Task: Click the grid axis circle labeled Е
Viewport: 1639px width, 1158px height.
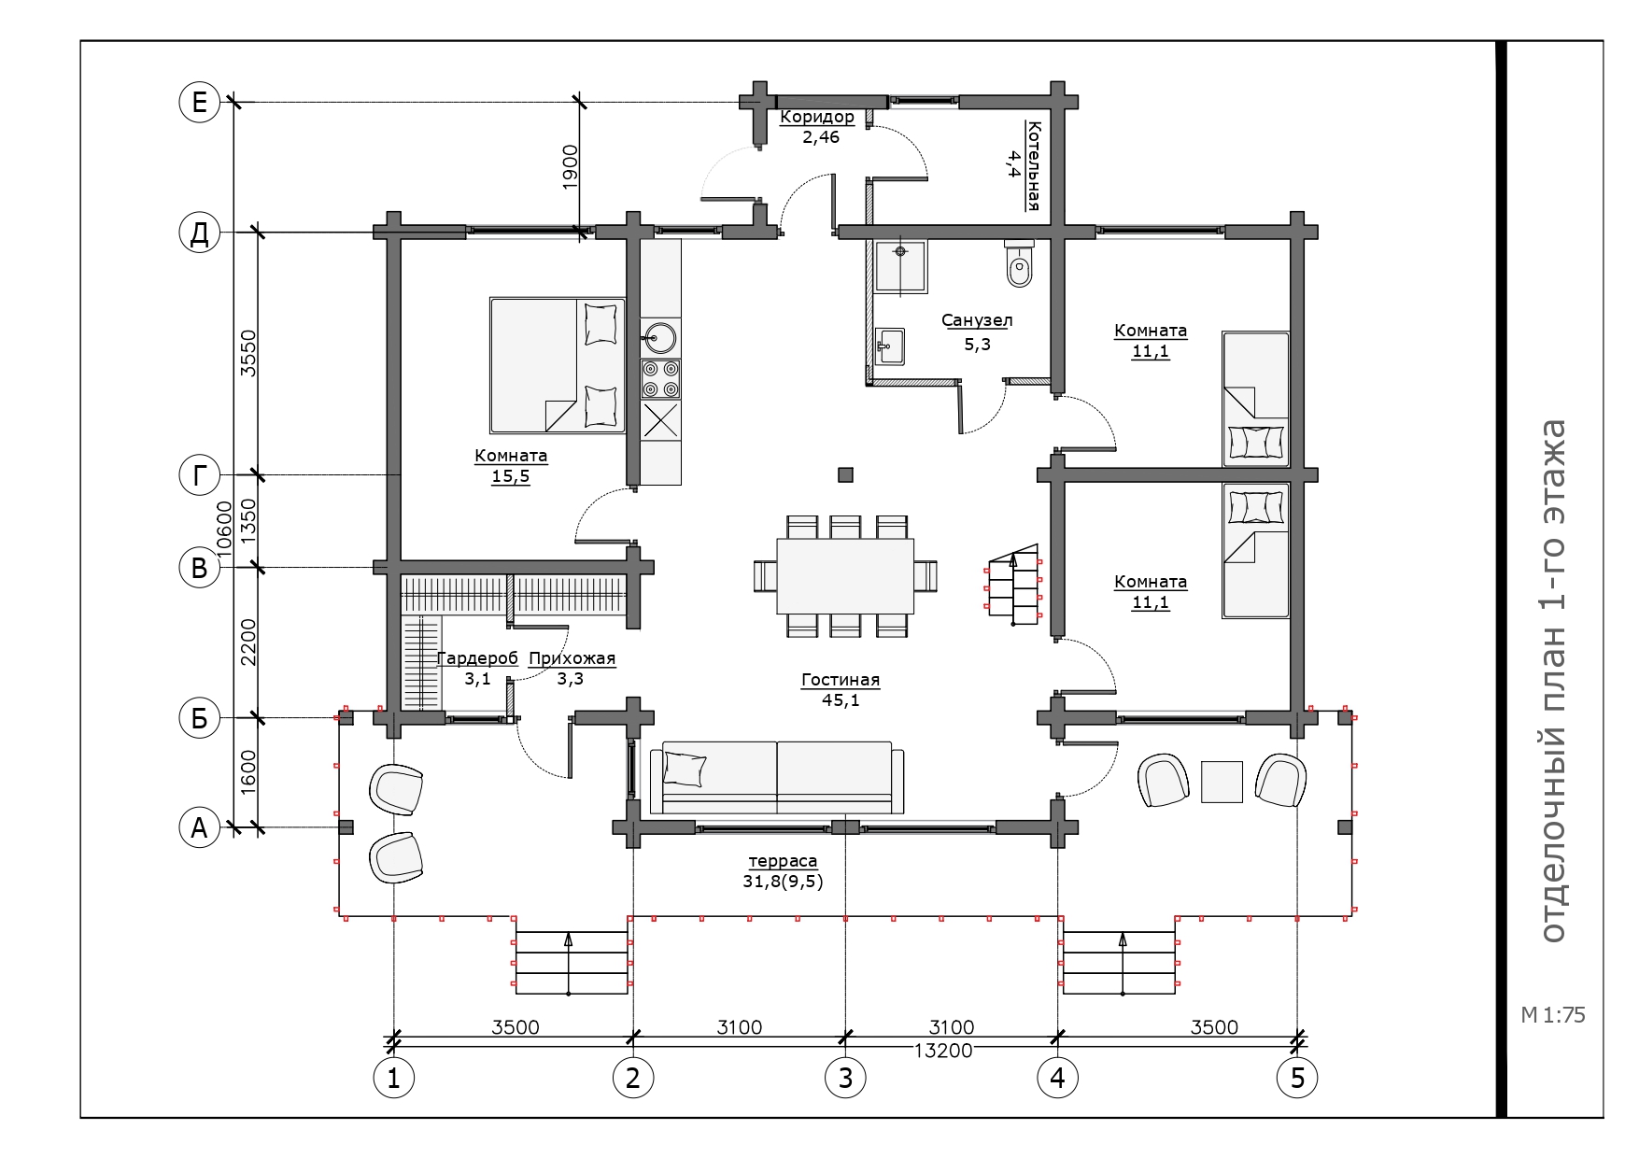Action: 199,102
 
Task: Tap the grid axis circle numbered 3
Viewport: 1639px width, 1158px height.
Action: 845,1079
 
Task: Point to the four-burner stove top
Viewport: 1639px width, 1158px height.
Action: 660,379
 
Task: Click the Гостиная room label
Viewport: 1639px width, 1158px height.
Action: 841,680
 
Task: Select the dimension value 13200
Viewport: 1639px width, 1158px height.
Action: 943,1050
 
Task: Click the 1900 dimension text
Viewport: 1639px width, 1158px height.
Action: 571,167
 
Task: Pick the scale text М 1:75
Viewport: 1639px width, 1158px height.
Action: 1553,1015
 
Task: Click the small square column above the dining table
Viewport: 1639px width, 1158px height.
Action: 845,474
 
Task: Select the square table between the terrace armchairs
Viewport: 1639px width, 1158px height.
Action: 1222,782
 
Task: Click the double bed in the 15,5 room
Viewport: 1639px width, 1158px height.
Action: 558,365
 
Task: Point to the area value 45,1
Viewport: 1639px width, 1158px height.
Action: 841,699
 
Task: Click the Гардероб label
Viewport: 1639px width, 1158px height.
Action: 477,658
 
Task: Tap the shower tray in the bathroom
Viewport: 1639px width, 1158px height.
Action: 900,267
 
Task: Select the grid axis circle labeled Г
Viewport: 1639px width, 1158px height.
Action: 199,476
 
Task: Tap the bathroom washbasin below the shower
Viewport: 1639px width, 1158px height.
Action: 890,346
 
